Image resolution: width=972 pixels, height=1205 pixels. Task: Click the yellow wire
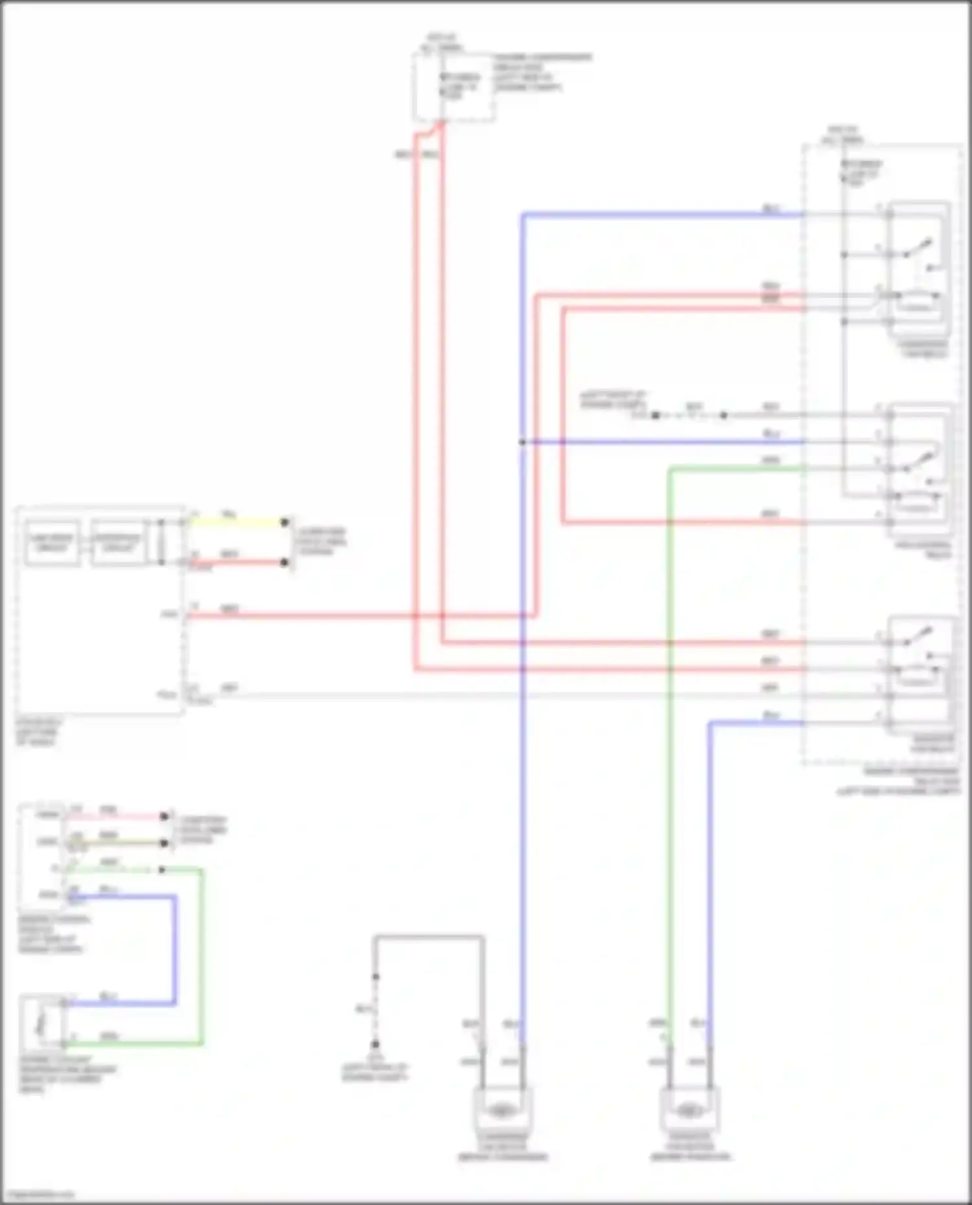237,523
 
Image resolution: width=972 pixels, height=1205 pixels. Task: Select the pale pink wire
117,816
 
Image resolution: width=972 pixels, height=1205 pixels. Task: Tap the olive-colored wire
117,843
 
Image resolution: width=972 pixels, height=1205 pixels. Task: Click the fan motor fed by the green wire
689,1111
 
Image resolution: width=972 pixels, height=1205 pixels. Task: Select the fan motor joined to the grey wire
502,1111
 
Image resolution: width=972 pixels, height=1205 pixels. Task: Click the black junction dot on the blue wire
522,442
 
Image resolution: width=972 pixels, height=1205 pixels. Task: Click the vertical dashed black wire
375,1010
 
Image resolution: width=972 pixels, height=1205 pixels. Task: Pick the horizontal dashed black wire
689,415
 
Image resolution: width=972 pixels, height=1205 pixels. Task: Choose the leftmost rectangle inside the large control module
52,543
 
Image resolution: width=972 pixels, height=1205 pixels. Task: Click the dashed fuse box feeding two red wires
454,87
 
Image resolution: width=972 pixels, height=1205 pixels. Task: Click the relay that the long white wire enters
920,673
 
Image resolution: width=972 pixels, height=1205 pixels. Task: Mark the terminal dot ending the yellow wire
284,523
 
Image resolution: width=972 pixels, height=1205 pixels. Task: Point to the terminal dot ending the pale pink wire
165,816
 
